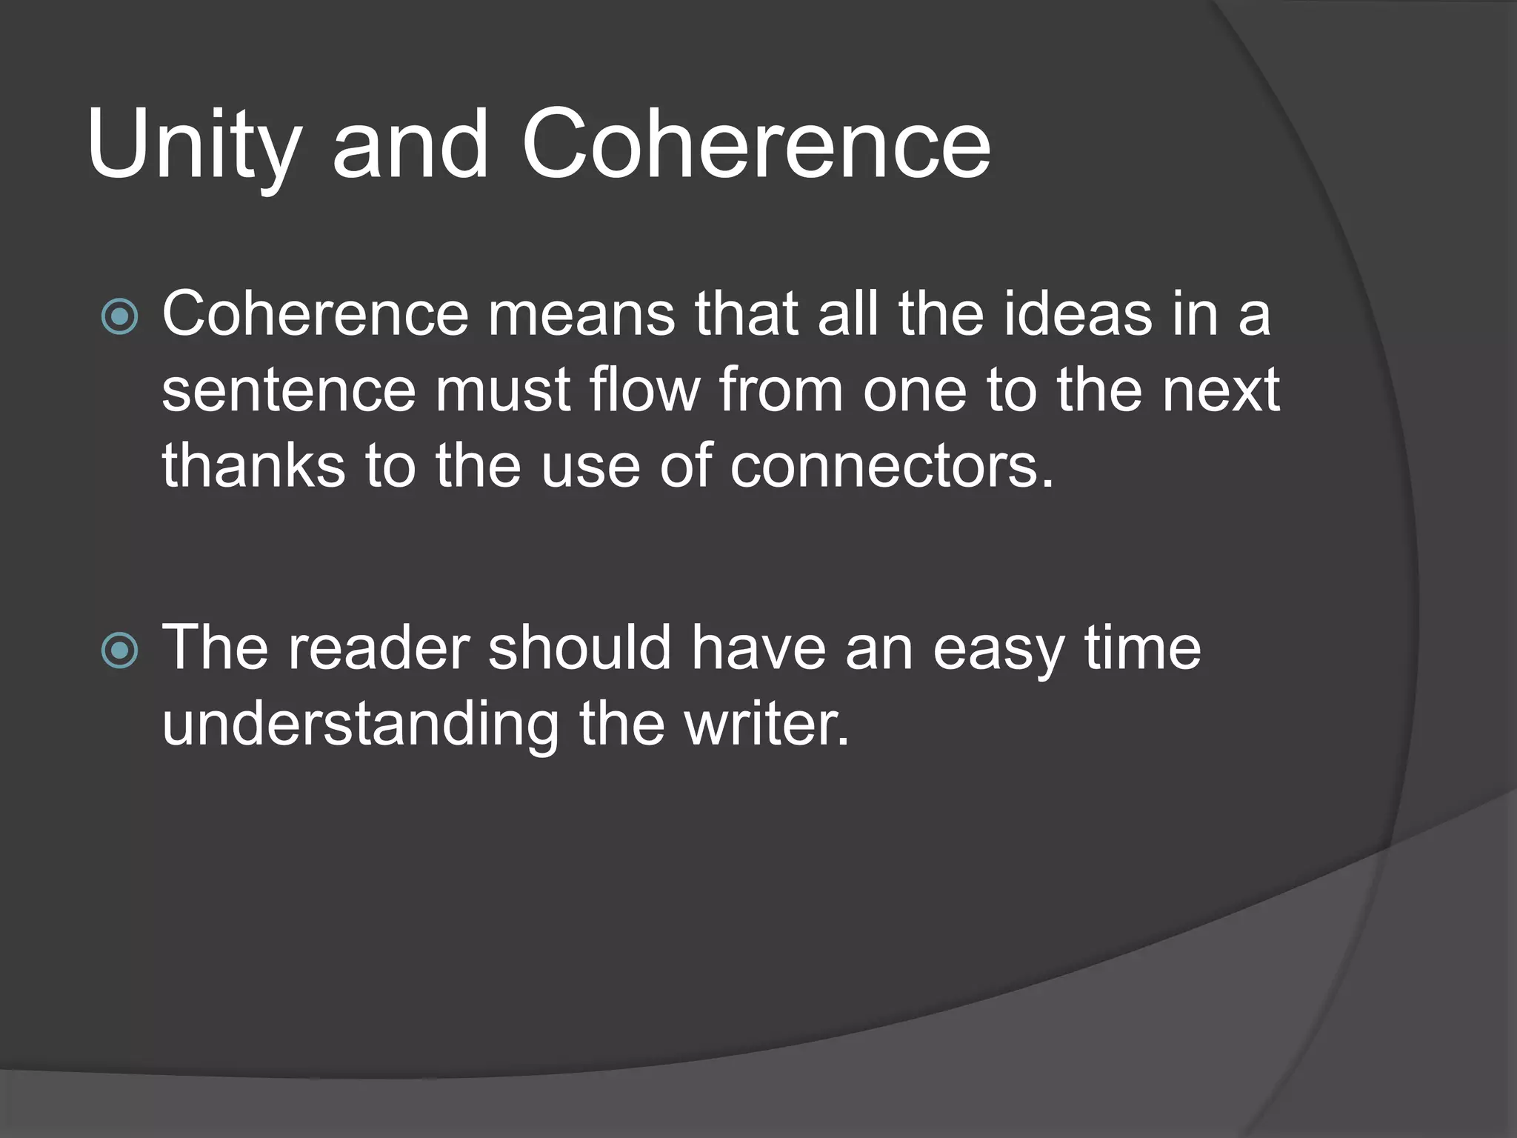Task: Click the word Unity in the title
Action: click(x=194, y=144)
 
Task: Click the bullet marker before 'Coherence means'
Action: click(x=119, y=317)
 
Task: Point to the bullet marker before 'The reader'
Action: click(x=119, y=650)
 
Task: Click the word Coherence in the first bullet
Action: click(x=316, y=314)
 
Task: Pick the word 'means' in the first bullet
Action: click(x=581, y=316)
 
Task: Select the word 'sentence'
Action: click(x=289, y=391)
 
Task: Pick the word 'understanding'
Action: click(x=360, y=725)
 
